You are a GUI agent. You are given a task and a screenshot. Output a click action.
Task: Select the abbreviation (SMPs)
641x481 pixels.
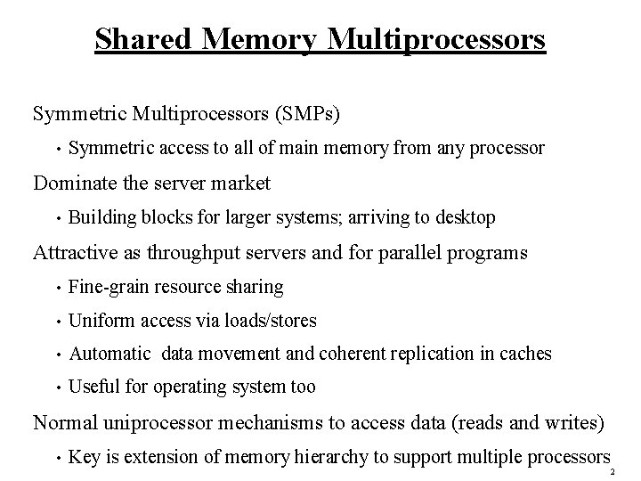click(313, 114)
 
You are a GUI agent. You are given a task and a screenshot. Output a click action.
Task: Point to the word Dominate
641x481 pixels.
click(75, 183)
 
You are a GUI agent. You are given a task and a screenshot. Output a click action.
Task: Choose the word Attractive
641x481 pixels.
click(76, 252)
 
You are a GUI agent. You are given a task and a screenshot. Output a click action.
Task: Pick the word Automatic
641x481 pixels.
click(110, 354)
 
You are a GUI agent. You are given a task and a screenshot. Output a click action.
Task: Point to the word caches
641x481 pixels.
click(525, 354)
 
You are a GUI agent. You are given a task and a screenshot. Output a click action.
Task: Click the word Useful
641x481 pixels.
click(93, 387)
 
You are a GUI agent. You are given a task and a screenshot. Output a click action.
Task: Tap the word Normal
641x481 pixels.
click(65, 421)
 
